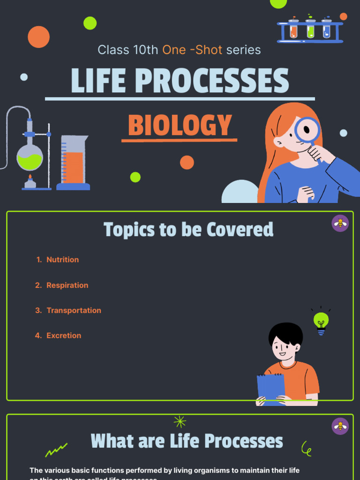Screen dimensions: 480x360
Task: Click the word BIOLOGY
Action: click(x=180, y=126)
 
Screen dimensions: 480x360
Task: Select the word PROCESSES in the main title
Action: click(x=212, y=81)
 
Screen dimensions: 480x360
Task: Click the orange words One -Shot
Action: click(x=192, y=50)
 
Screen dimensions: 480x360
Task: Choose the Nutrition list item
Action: click(x=62, y=260)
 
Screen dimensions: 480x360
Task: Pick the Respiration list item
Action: click(x=67, y=285)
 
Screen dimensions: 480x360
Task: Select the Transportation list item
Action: click(x=74, y=310)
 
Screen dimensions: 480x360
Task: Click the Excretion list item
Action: click(x=64, y=336)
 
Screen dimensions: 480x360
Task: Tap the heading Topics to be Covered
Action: click(x=188, y=230)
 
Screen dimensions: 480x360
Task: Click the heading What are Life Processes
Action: click(x=187, y=441)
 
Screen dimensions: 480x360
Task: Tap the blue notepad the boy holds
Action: click(x=271, y=387)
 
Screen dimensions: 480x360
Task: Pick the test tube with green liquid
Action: click(x=310, y=30)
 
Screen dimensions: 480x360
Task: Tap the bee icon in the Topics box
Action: click(x=340, y=223)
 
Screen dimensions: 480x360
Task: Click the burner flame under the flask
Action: click(x=30, y=178)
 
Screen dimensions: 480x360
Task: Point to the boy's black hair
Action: click(x=285, y=332)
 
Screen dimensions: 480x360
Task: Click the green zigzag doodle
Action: click(x=56, y=450)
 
